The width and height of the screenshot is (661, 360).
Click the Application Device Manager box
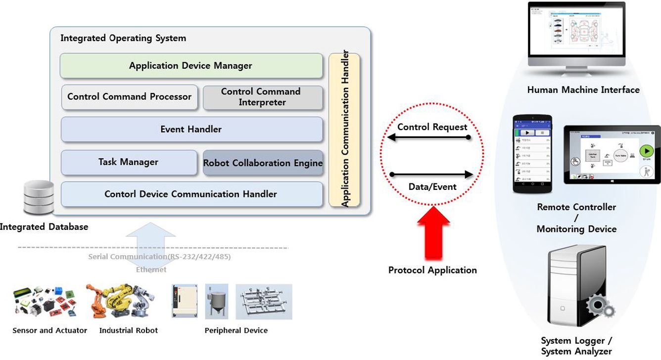point(191,66)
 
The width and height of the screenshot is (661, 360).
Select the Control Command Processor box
point(130,97)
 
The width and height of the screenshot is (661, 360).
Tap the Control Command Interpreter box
point(263,97)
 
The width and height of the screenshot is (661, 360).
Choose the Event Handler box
point(191,130)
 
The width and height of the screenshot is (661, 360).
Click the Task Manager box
point(129,162)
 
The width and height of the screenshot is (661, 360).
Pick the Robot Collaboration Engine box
point(263,163)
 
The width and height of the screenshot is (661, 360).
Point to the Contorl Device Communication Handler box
point(191,194)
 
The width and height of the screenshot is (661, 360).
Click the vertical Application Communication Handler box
point(345,130)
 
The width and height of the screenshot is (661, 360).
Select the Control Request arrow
point(428,137)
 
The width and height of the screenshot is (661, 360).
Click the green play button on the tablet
point(646,151)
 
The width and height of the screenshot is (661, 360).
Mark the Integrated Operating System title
point(123,38)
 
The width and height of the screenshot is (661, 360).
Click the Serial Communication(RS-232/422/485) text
point(159,257)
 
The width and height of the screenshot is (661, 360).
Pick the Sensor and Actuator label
point(50,330)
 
